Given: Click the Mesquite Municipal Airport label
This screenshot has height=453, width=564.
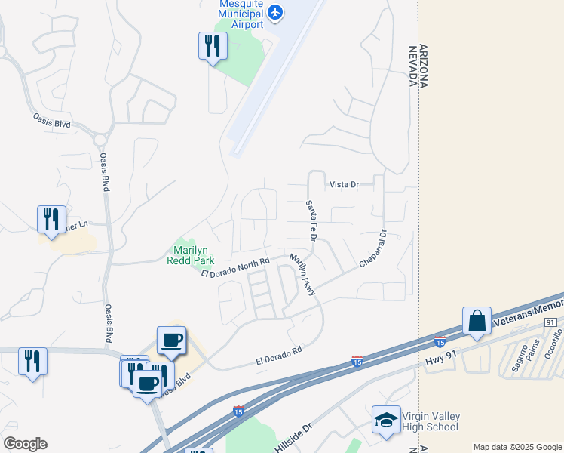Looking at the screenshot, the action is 241,14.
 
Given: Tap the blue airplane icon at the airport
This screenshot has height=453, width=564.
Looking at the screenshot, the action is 276,12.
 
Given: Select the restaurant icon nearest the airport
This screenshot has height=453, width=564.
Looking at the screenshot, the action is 213,46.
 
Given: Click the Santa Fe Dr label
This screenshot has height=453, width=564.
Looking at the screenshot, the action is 310,220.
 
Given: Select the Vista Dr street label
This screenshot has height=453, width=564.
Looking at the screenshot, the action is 344,184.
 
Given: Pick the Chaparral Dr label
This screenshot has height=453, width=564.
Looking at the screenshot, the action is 372,248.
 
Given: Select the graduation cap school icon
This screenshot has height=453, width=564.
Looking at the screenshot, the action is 386,420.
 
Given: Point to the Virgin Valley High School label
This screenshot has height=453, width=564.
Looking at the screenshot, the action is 431,422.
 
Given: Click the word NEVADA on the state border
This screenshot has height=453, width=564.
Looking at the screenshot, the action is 413,65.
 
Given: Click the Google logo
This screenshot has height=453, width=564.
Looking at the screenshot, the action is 25,444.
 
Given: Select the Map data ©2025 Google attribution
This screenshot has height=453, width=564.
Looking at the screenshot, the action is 517,447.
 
